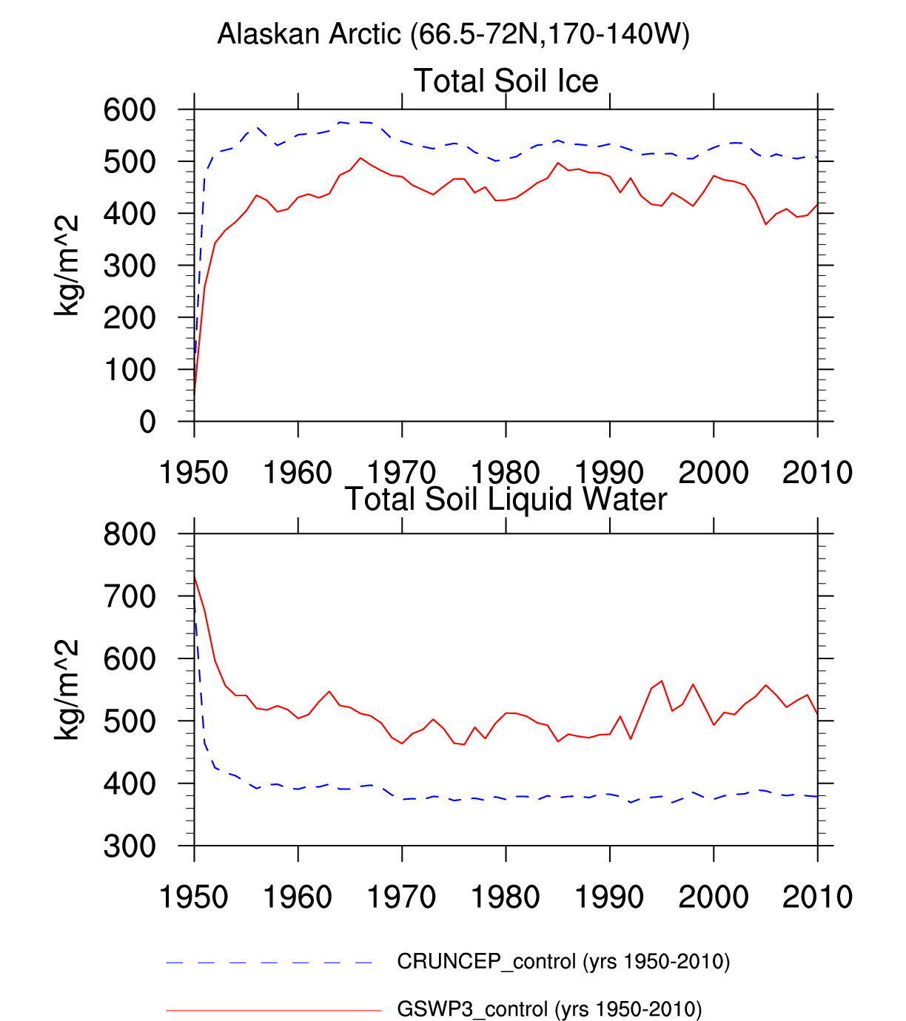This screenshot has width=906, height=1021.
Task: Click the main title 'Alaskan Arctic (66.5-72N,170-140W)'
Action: [453, 34]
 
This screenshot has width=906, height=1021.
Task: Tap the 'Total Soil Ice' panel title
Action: [506, 81]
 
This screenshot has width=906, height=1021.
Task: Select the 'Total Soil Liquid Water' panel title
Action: [506, 499]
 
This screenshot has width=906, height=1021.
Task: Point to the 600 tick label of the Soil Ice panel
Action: [130, 110]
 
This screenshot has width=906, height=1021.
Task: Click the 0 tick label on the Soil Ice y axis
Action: [147, 422]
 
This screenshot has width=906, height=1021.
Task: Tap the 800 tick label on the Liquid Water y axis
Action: [130, 534]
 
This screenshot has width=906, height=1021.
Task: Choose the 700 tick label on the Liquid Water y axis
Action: [130, 596]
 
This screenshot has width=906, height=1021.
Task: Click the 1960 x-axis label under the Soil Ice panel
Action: [298, 472]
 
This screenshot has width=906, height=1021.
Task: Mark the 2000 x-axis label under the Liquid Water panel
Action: [714, 897]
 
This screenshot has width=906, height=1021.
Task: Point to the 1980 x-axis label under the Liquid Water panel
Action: [506, 897]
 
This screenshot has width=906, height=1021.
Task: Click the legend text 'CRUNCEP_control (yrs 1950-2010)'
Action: [563, 962]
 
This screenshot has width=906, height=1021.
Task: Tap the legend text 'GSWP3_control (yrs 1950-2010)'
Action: [549, 1009]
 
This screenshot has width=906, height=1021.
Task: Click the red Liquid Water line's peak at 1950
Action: [195, 576]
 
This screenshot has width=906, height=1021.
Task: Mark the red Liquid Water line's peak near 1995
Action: [662, 681]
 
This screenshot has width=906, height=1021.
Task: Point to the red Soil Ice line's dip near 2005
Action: [766, 223]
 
